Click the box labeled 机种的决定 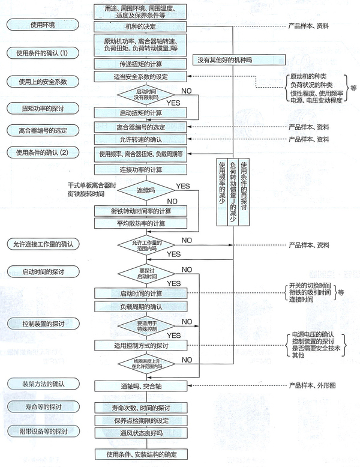[x=140, y=27]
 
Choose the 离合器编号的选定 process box [x=140, y=127]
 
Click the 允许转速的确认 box [x=140, y=139]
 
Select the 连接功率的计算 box [x=140, y=169]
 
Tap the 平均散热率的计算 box [x=140, y=223]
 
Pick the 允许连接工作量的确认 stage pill [x=45, y=244]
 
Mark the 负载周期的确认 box [x=140, y=306]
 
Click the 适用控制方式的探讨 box [x=140, y=346]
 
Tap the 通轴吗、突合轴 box [x=140, y=384]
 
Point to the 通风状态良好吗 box [x=140, y=433]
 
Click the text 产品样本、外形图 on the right [x=313, y=384]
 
